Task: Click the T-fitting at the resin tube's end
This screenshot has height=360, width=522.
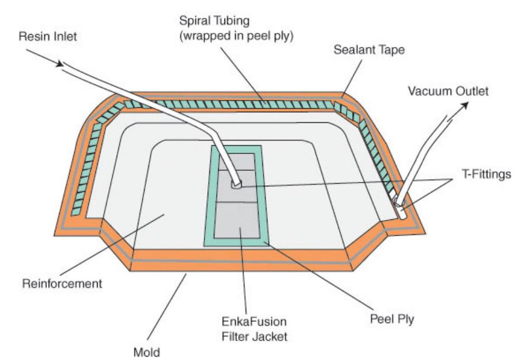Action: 237,184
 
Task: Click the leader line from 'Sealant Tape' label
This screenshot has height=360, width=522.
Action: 346,75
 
